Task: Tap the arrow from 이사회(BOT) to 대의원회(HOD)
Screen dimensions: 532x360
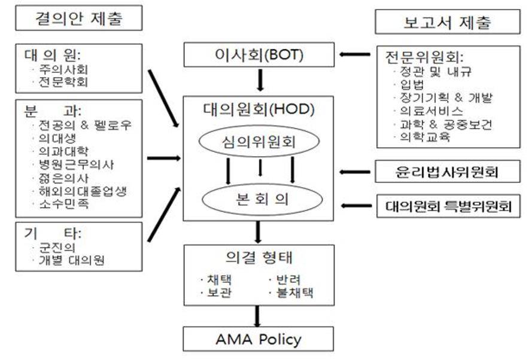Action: coord(260,80)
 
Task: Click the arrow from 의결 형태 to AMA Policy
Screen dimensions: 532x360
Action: coord(257,316)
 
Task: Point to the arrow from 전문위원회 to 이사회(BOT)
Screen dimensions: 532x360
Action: coord(355,54)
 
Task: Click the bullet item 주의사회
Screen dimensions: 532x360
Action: coord(63,69)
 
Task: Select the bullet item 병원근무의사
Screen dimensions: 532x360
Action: coord(76,164)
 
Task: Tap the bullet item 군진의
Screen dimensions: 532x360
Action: coord(57,248)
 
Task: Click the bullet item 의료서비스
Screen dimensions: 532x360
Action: coord(431,111)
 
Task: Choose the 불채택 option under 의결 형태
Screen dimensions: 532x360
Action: coord(295,293)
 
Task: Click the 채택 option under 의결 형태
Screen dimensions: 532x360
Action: coord(220,280)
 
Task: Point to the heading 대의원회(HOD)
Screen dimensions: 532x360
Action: coord(259,109)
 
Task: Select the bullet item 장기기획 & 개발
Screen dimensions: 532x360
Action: coord(446,97)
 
